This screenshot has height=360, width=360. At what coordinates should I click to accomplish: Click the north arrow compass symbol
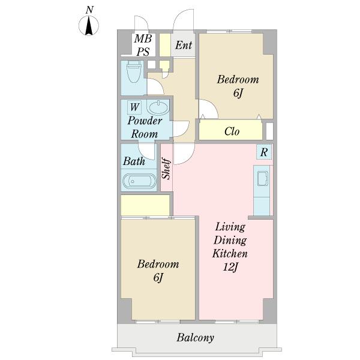(x=89, y=25)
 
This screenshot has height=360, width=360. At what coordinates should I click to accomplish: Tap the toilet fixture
(x=134, y=71)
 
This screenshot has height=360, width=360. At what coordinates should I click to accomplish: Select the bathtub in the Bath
(x=139, y=181)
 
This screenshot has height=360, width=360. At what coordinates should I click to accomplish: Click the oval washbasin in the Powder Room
(x=158, y=107)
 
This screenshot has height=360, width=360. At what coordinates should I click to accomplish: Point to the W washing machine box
(x=134, y=107)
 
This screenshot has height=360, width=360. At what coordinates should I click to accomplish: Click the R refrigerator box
(x=264, y=152)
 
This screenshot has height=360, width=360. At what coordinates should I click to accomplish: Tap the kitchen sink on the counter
(x=263, y=178)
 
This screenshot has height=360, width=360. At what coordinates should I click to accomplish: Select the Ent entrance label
(x=184, y=45)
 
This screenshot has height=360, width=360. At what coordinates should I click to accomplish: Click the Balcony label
(x=195, y=338)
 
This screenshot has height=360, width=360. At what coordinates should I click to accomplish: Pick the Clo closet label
(x=232, y=131)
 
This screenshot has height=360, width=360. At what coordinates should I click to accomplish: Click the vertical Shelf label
(x=167, y=168)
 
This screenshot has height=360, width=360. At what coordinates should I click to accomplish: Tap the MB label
(x=143, y=38)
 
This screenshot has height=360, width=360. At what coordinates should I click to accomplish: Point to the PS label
(x=143, y=52)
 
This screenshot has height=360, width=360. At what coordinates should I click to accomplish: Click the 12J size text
(x=230, y=267)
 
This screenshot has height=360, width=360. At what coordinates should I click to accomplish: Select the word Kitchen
(x=230, y=253)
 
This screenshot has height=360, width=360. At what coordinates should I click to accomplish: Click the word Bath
(x=134, y=161)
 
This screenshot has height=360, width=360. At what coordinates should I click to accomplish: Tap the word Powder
(x=145, y=121)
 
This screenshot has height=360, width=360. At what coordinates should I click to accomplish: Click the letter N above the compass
(x=90, y=10)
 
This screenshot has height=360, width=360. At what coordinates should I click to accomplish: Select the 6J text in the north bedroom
(x=238, y=93)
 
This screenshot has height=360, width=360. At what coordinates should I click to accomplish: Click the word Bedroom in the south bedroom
(x=158, y=264)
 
